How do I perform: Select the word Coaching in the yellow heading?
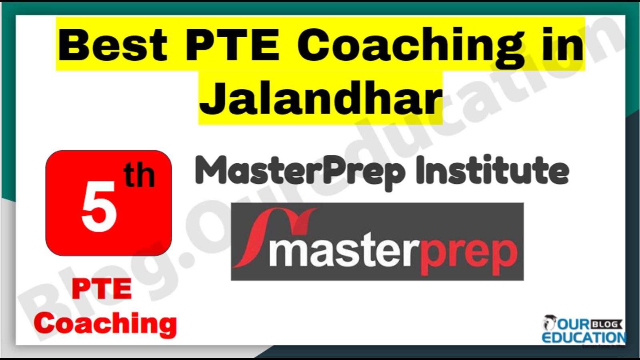(x=410, y=48)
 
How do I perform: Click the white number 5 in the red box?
(x=99, y=206)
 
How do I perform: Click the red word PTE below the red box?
(x=102, y=289)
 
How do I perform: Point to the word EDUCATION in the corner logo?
(x=584, y=338)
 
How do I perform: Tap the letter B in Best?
(x=72, y=45)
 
